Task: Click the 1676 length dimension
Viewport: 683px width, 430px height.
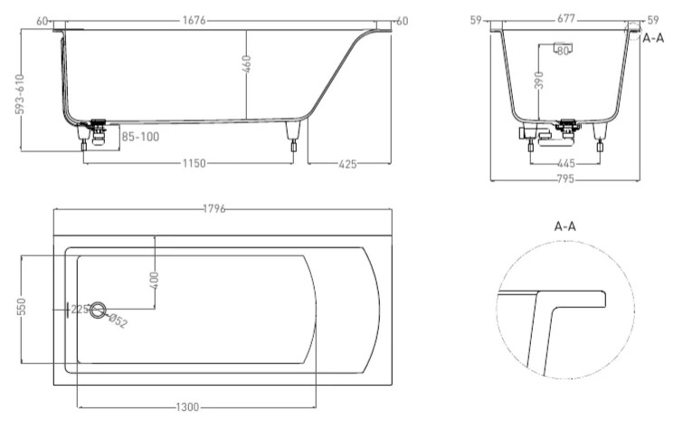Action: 216,20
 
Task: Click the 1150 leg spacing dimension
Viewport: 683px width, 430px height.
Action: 193,163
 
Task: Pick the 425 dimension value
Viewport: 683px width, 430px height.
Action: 346,163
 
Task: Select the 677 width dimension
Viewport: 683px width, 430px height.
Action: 567,19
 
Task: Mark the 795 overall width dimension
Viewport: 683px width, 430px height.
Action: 566,179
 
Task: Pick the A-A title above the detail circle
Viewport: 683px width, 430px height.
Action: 566,226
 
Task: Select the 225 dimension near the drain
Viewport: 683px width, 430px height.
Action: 79,309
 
